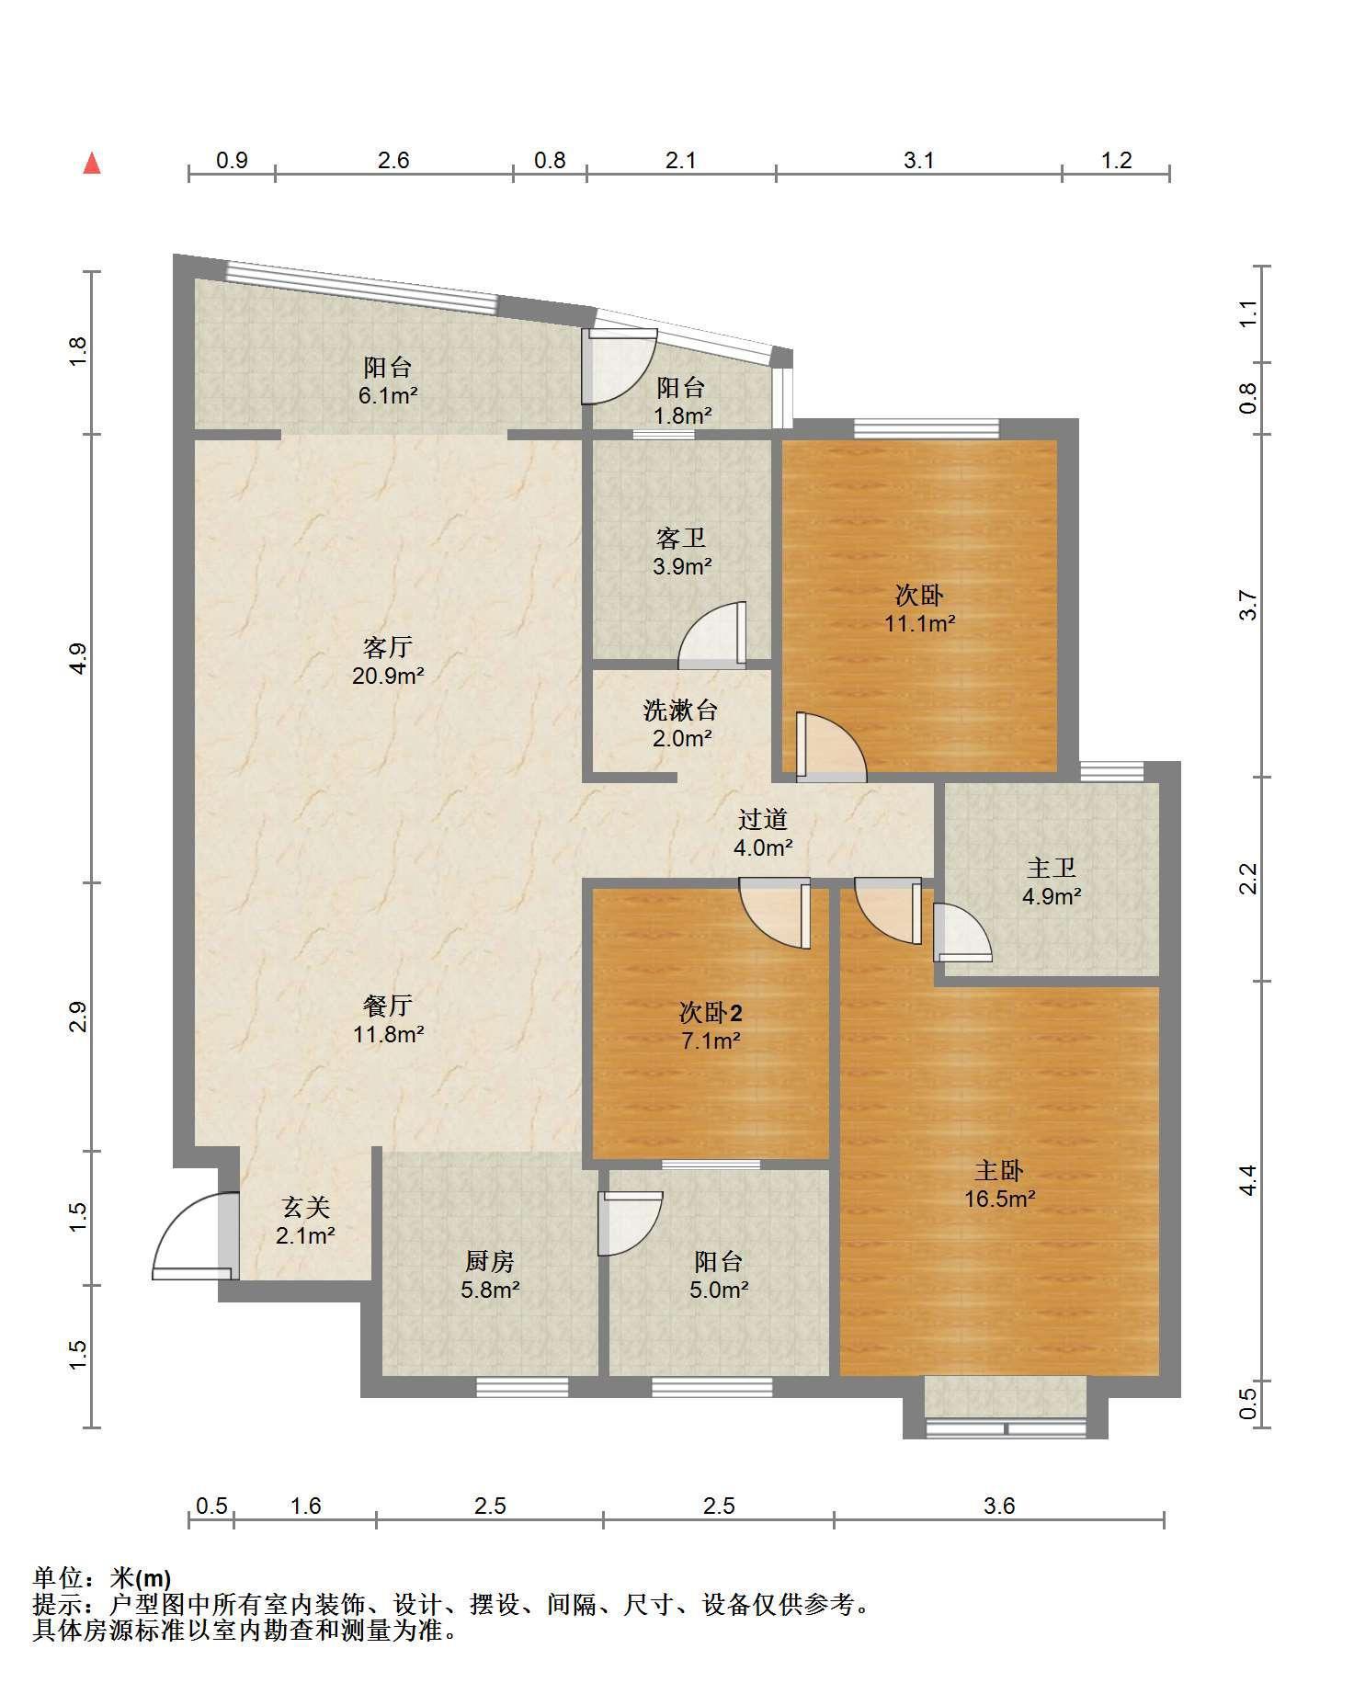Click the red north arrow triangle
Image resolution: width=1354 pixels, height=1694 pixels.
[91, 164]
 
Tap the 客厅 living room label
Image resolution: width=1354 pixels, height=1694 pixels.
[388, 648]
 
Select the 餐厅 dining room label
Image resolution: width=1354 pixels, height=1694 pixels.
[388, 1006]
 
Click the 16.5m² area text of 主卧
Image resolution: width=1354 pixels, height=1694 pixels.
[1000, 1199]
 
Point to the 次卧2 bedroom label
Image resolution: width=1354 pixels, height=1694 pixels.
[711, 1013]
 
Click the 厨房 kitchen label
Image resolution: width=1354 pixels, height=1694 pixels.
[490, 1261]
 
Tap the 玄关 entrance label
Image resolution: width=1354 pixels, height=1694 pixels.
[305, 1208]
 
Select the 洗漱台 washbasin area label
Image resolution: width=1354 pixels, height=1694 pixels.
[681, 711]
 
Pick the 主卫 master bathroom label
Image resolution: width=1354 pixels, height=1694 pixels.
[1051, 868]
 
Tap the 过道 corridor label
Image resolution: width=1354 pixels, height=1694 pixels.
[763, 819]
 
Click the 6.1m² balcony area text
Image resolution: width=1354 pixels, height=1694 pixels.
[387, 396]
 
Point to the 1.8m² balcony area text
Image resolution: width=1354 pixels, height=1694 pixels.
[682, 415]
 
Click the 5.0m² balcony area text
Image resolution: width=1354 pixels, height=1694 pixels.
[719, 1290]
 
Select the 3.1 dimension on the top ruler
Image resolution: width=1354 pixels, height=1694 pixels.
[918, 161]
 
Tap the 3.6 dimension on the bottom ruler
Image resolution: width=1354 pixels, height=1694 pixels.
[999, 1506]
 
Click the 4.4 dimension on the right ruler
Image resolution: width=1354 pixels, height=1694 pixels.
[1247, 1181]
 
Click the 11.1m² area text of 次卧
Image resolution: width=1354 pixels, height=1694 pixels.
[919, 624]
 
